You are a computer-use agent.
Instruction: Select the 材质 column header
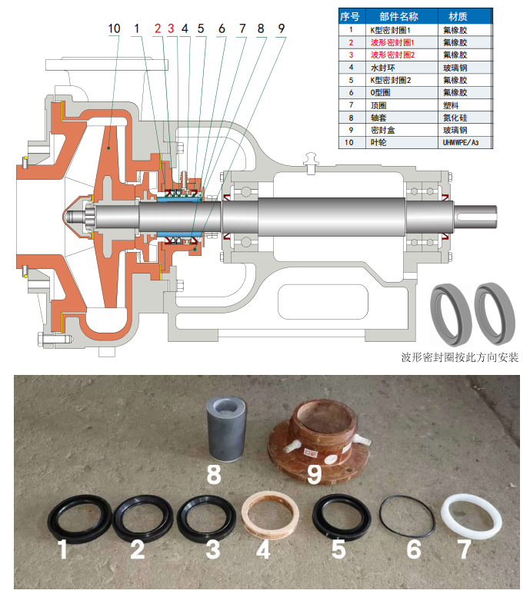click(x=458, y=17)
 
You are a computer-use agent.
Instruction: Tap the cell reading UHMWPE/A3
click(x=460, y=143)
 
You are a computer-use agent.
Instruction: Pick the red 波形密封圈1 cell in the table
click(x=392, y=43)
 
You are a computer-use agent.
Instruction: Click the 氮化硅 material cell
click(x=455, y=118)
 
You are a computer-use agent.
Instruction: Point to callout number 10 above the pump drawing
click(x=114, y=28)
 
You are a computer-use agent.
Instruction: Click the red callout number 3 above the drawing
click(x=171, y=28)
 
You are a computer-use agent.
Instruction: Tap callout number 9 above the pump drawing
click(x=282, y=28)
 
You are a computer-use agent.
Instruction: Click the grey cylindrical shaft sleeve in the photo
click(x=226, y=429)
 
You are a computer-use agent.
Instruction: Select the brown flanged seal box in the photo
click(x=318, y=442)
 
